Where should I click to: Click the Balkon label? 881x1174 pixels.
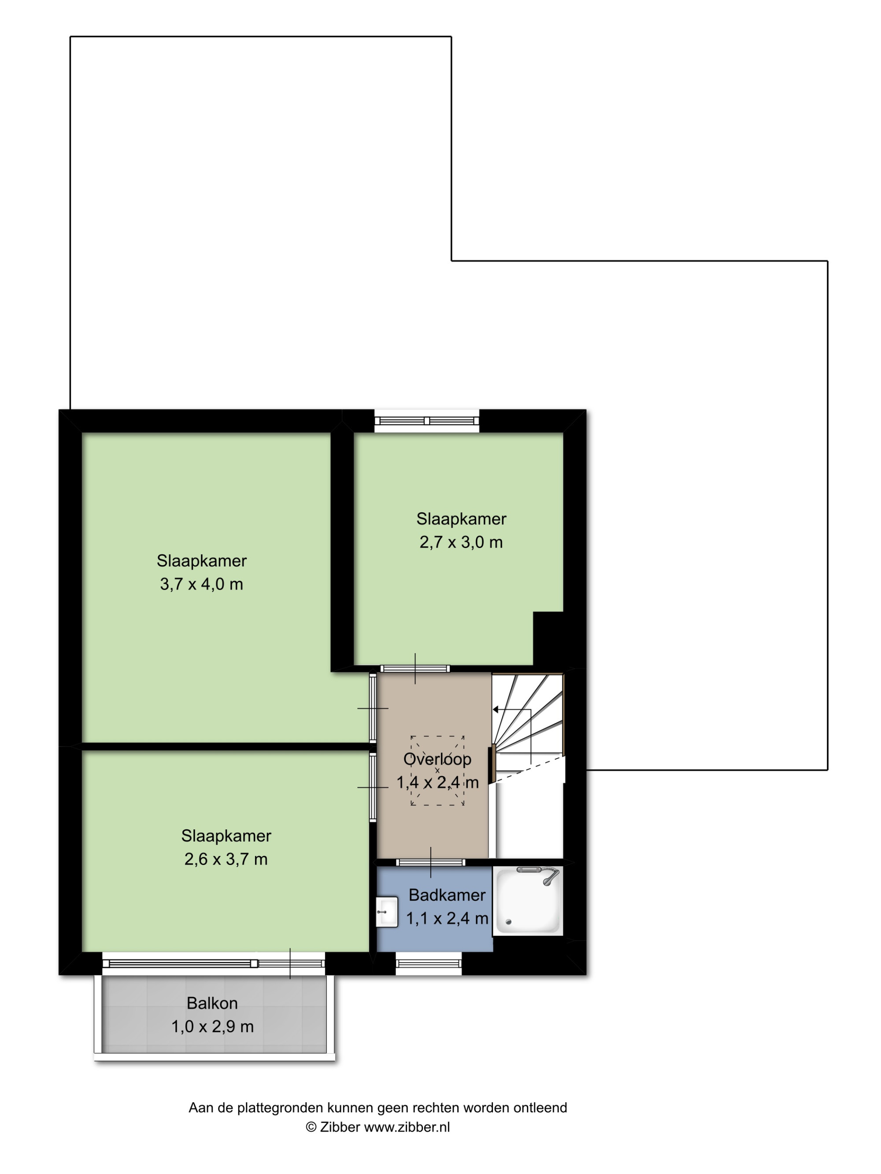[x=212, y=1003]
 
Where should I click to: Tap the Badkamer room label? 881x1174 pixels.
[x=447, y=895]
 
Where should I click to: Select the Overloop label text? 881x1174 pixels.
[x=437, y=759]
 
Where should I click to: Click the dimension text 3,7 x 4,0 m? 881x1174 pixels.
[x=201, y=584]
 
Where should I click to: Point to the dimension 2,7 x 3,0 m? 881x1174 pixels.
[x=461, y=542]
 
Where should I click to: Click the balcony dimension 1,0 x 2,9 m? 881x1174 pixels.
[x=212, y=1027]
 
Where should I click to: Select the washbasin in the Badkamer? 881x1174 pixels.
[x=387, y=912]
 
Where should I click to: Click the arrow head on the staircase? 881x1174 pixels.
[x=496, y=710]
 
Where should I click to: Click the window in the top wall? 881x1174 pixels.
[x=427, y=421]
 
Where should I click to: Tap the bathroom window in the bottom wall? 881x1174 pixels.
[x=429, y=963]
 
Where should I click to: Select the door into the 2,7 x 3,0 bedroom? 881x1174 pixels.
[x=415, y=669]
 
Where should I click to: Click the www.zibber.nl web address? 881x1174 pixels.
[x=407, y=1127]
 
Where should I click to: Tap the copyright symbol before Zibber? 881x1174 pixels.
[x=311, y=1127]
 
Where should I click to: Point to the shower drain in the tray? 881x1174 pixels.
[x=508, y=923]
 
